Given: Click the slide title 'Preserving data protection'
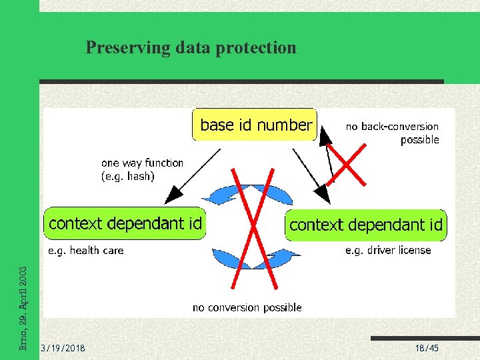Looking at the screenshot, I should [x=191, y=47].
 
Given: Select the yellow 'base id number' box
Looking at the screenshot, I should [x=255, y=125].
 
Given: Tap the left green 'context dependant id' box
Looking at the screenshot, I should [x=125, y=223].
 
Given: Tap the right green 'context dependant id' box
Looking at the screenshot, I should [x=365, y=225].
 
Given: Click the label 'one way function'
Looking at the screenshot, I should [x=142, y=163].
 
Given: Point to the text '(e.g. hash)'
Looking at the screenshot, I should [x=127, y=176].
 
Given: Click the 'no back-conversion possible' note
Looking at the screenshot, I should [x=392, y=133].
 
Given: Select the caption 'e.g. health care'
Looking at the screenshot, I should [x=85, y=251].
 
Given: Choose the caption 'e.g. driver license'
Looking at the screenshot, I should [x=388, y=251].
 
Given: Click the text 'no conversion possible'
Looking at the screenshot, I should [x=247, y=307].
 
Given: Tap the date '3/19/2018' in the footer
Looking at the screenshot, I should [x=63, y=349].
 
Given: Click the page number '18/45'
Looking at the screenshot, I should [x=427, y=349].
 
